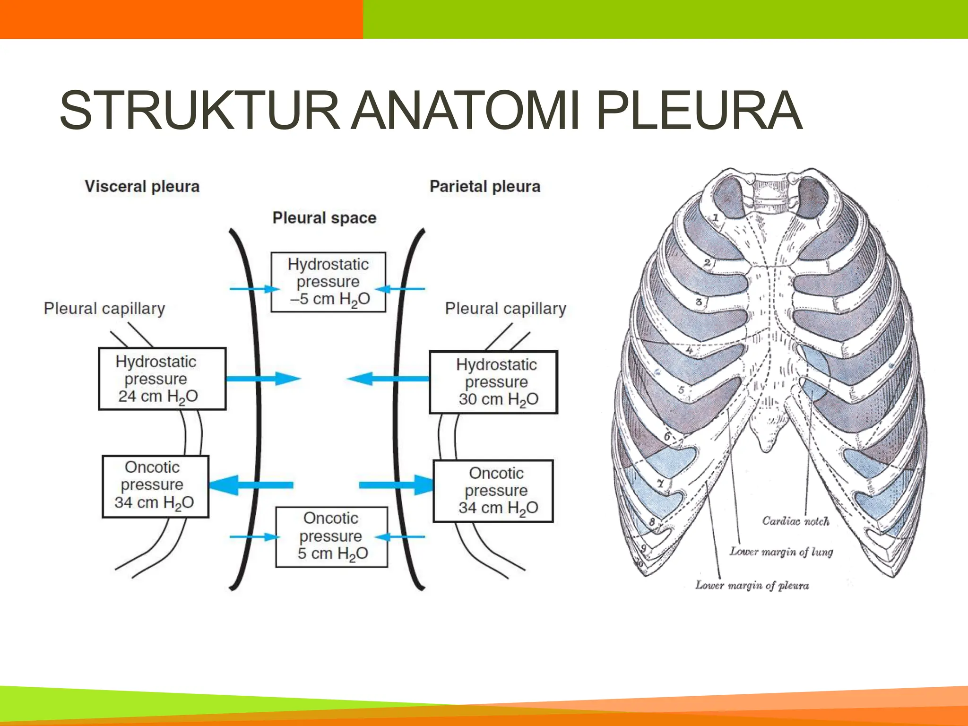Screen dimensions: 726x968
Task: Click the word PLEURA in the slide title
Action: tap(699, 111)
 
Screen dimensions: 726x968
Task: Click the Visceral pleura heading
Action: tap(142, 186)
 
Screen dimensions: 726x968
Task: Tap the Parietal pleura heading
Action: tap(485, 186)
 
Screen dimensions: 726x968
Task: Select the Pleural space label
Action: tap(324, 218)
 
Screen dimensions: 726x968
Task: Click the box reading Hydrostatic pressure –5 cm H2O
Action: tap(328, 282)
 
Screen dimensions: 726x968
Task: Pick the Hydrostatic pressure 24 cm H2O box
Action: tap(162, 379)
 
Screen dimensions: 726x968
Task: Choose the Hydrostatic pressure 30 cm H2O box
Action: tap(493, 382)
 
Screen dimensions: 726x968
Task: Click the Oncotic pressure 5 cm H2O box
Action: tap(331, 537)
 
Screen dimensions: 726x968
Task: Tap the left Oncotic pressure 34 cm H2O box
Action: tap(156, 486)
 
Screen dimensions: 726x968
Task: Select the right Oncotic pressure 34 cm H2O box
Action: tap(493, 491)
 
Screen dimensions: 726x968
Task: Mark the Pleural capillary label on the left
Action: tap(104, 309)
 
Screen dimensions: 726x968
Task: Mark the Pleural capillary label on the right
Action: tap(505, 309)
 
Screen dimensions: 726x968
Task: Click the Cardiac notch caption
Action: tap(795, 521)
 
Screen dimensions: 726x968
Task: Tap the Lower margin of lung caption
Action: tap(781, 552)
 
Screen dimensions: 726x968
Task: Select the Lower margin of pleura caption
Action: tap(752, 585)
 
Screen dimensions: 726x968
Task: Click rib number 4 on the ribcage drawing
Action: tap(690, 351)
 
